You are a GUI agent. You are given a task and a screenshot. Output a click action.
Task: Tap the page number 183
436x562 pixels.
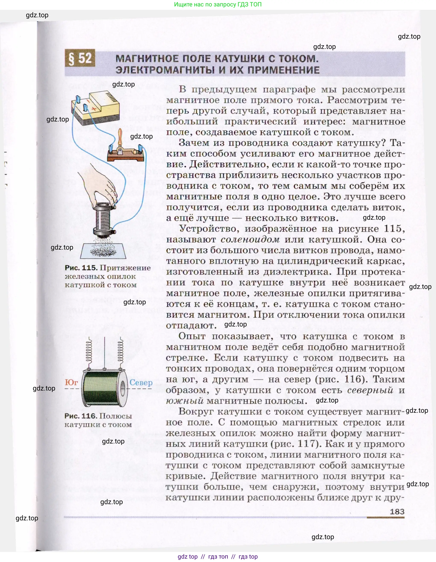397,512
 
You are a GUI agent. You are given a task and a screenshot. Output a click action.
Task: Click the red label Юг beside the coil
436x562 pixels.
71,382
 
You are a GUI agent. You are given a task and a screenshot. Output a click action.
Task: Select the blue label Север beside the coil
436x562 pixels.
141,382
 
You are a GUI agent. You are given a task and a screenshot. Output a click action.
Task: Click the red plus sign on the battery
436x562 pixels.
94,109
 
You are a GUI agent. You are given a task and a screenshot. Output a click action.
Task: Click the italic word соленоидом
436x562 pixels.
250,240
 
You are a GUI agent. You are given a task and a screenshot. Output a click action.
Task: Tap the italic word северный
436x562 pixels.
370,390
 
